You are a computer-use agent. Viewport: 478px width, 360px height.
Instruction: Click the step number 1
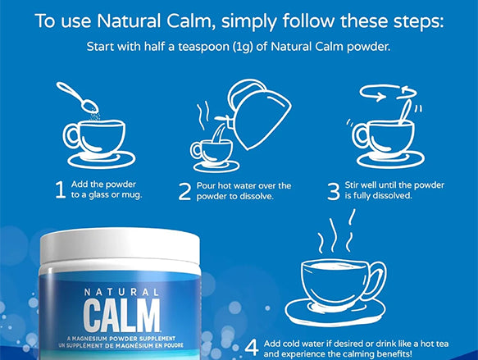coord(61,189)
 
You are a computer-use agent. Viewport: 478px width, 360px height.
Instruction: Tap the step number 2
coord(184,191)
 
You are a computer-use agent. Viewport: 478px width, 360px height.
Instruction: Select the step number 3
coord(334,191)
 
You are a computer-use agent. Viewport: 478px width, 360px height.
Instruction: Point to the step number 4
coord(252,348)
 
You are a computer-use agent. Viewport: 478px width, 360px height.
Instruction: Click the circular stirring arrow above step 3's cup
coord(387,92)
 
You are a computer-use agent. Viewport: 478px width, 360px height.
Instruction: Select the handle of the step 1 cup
coord(71,137)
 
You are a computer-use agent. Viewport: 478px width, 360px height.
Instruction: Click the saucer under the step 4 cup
coord(335,311)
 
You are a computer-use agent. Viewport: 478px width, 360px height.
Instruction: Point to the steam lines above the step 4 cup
coord(335,233)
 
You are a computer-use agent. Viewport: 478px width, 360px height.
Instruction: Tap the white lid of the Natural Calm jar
coord(120,247)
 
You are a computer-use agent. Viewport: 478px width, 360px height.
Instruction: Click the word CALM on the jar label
coord(121,316)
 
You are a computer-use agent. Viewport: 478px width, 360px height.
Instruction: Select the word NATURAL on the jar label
coord(121,292)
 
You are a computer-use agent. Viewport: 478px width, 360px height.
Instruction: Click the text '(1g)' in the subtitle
coord(243,47)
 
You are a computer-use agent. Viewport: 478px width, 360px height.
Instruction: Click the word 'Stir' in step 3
coord(350,185)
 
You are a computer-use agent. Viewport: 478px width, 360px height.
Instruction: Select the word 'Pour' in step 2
coord(206,185)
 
